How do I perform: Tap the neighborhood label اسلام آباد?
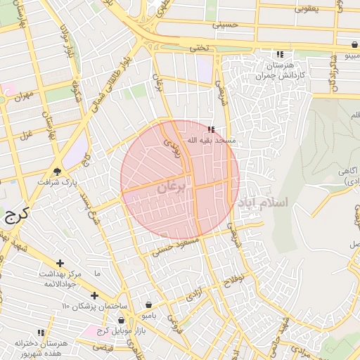click(264, 202)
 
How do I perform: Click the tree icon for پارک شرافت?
click(57, 171)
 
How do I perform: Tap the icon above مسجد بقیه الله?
click(212, 129)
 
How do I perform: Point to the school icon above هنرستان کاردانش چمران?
click(280, 54)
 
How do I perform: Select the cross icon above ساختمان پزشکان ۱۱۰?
click(94, 295)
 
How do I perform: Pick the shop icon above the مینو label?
click(352, 44)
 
